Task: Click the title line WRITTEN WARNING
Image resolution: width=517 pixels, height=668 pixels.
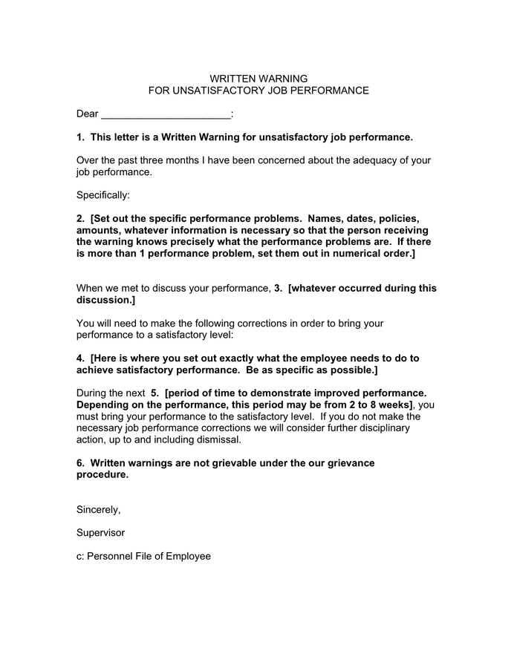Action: (x=258, y=79)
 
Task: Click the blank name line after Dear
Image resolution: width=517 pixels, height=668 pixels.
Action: (x=165, y=114)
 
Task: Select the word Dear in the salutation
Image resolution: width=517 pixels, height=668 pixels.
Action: (x=88, y=114)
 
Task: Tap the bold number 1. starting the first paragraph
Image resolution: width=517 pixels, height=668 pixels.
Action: (x=81, y=137)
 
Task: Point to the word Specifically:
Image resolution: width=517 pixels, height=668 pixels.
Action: (x=103, y=195)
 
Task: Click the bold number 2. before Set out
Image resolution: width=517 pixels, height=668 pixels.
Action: (x=81, y=219)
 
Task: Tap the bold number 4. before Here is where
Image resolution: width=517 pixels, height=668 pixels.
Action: (x=81, y=358)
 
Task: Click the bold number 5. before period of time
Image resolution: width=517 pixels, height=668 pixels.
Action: (x=155, y=393)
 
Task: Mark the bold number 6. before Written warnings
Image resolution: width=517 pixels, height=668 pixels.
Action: (x=81, y=463)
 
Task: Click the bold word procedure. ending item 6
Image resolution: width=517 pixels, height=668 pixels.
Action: (x=103, y=475)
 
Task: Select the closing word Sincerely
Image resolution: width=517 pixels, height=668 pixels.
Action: (x=98, y=510)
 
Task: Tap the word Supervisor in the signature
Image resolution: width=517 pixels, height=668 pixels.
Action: (x=101, y=533)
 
